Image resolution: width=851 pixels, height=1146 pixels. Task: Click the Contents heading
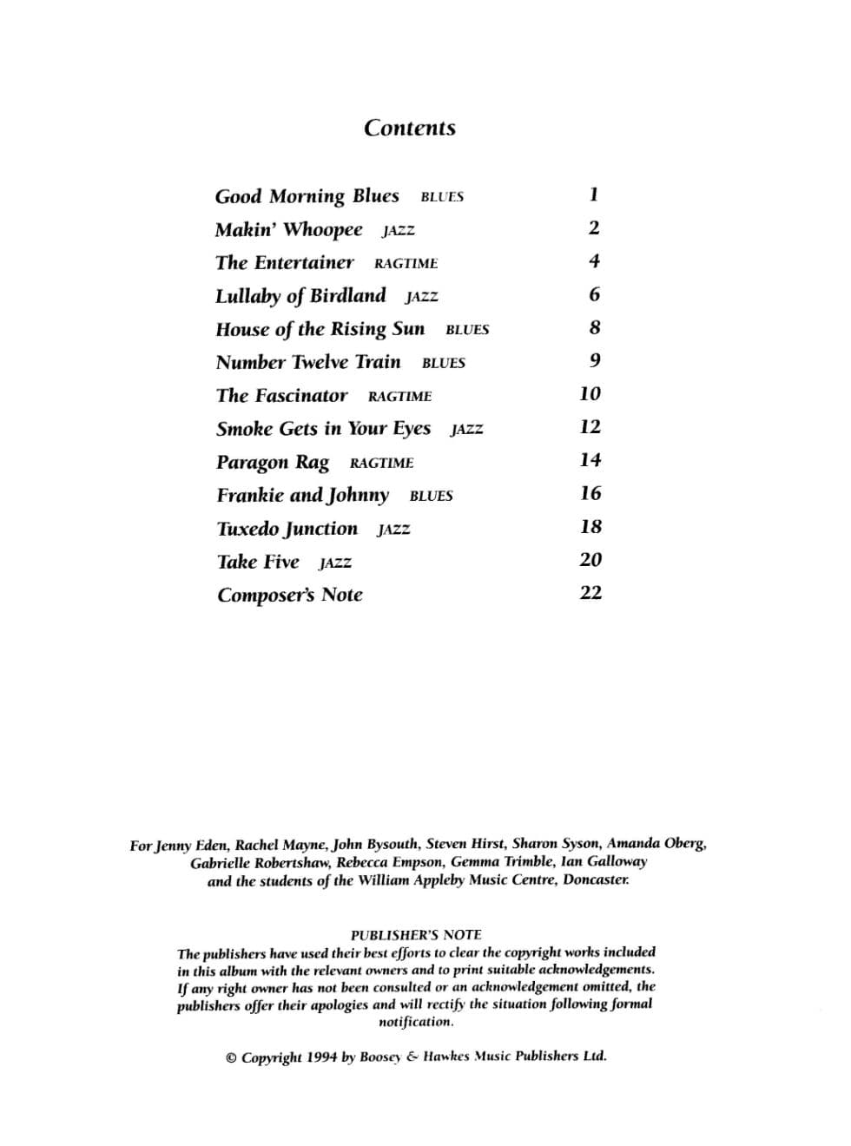point(409,128)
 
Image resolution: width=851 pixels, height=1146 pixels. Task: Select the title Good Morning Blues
point(307,196)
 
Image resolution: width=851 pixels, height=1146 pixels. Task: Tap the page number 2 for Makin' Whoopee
point(594,227)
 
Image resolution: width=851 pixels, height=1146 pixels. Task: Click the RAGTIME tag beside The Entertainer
point(406,264)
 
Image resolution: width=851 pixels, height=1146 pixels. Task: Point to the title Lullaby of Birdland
point(300,296)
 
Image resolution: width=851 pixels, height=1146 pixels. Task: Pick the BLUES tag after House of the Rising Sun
point(467,330)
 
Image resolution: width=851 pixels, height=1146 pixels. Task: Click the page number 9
point(595,360)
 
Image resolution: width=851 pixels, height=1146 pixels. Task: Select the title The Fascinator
point(281,396)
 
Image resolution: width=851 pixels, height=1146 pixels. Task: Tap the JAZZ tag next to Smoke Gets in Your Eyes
point(466,430)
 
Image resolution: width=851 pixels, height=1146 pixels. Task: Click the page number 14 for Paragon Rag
point(590,460)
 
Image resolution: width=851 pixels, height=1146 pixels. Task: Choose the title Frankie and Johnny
point(302,496)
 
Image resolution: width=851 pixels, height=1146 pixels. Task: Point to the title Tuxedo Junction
point(287,529)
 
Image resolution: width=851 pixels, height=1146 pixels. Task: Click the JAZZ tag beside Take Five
point(335,563)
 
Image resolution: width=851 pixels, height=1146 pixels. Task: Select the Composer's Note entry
point(289,596)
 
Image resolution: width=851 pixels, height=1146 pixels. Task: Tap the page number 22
point(590,593)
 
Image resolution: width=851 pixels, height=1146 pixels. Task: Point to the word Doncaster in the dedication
point(596,879)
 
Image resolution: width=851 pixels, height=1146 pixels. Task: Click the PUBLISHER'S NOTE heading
point(416,935)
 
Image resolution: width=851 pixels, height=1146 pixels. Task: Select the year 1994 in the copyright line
point(321,1057)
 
